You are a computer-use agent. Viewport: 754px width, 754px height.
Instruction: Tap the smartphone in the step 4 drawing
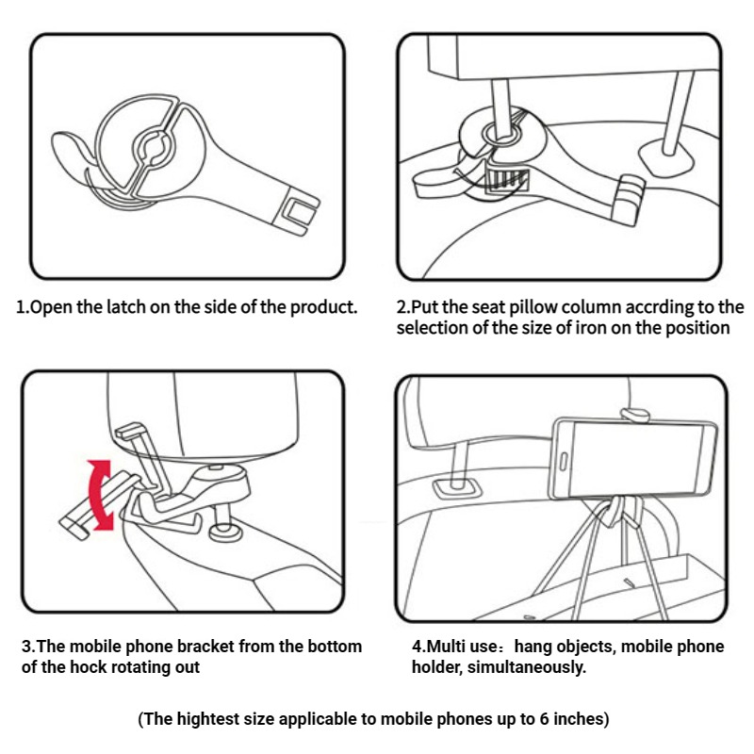633,459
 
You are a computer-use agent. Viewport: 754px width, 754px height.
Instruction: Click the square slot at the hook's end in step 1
301,210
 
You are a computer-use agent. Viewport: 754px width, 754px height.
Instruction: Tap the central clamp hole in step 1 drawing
153,147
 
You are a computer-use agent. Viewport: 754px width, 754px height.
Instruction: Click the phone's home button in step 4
564,462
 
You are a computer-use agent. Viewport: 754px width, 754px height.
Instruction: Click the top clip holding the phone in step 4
634,415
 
